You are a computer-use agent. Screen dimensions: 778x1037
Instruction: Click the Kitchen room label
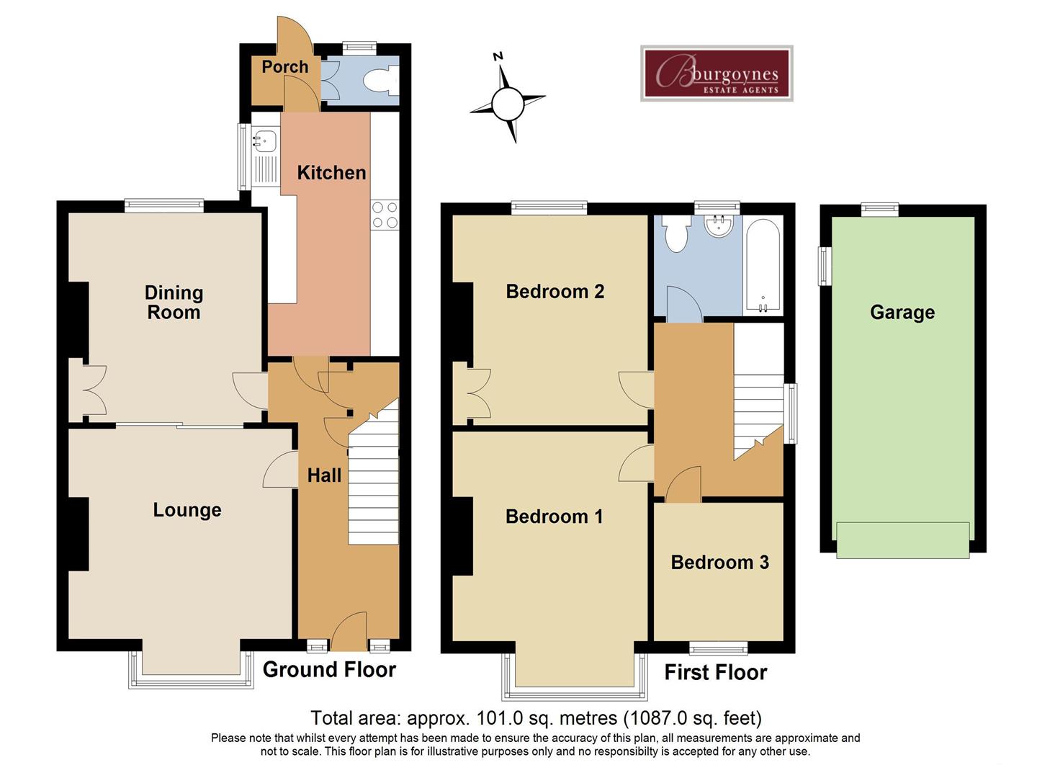click(331, 173)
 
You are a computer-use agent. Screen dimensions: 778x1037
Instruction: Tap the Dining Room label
click(174, 303)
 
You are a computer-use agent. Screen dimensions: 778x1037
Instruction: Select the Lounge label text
click(187, 510)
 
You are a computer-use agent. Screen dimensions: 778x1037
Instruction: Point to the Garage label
click(902, 313)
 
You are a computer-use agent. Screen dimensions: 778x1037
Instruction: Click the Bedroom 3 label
click(719, 563)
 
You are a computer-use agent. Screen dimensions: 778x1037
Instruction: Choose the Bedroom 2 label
click(555, 292)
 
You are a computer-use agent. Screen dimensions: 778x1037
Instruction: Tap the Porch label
click(284, 67)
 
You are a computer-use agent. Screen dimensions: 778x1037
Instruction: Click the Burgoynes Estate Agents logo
click(717, 73)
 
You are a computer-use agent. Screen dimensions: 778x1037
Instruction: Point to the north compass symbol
click(508, 101)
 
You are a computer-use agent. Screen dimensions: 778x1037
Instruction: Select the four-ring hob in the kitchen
click(385, 215)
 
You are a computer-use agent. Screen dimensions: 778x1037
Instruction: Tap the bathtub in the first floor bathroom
click(763, 267)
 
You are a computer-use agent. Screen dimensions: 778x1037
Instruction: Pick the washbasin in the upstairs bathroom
click(719, 225)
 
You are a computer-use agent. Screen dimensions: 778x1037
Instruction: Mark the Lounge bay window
click(191, 666)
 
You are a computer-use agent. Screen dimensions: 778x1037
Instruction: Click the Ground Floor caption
click(329, 670)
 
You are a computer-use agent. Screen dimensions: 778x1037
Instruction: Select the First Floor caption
click(715, 673)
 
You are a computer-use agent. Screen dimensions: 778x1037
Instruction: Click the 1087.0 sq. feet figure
click(692, 718)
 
